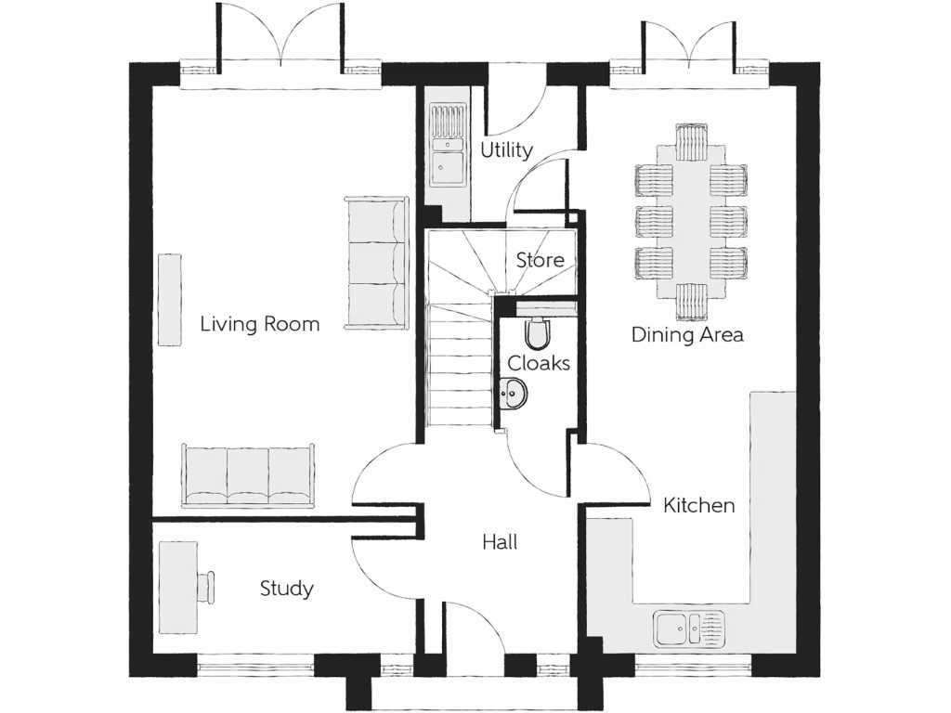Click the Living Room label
(260, 324)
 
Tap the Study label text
(286, 589)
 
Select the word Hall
(500, 542)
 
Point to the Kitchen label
(698, 506)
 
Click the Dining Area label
(687, 335)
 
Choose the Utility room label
(506, 149)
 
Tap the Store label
(540, 260)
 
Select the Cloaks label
(539, 364)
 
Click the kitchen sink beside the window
(688, 629)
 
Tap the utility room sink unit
(448, 146)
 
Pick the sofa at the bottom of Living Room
(249, 474)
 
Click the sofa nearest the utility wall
(376, 263)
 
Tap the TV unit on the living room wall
(169, 299)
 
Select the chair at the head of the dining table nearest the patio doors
(691, 143)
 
